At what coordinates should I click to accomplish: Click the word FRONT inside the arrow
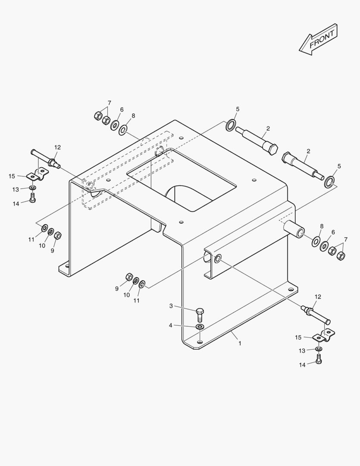(x=322, y=39)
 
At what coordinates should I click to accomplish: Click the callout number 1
(x=240, y=343)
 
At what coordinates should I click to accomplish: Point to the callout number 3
(x=171, y=306)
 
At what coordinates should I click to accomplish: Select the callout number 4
(x=170, y=325)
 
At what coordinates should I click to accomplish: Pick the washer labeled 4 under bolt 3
(x=200, y=327)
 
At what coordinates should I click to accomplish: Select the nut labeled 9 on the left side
(x=58, y=236)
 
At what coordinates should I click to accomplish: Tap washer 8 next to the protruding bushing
(x=316, y=241)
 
